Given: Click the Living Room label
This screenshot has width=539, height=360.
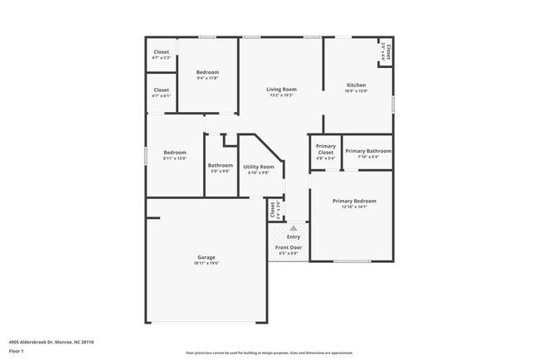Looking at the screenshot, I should (281, 90).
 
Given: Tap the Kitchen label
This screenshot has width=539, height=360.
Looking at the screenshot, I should (357, 85).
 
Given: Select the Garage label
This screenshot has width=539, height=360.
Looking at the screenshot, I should (206, 257).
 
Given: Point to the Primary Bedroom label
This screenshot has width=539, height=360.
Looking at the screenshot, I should (354, 202).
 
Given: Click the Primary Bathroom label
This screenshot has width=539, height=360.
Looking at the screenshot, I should (367, 151).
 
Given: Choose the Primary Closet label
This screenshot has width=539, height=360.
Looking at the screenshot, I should (326, 150).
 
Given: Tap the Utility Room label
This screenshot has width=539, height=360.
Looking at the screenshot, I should (258, 167).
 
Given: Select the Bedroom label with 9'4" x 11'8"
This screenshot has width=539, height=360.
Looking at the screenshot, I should (207, 73).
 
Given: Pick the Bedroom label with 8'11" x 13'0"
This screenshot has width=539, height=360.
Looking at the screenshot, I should (175, 153).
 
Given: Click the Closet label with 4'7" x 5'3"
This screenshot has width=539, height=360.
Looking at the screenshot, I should (162, 52).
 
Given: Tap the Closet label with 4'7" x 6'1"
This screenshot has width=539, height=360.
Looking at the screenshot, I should (162, 90).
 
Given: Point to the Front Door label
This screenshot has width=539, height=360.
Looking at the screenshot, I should (289, 248).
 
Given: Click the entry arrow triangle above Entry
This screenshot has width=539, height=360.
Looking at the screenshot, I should (292, 227).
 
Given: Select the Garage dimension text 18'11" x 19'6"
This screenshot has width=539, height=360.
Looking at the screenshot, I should (206, 263).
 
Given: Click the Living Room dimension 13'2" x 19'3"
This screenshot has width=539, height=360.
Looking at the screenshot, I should (281, 95).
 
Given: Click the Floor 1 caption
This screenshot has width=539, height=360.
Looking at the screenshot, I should (17, 351).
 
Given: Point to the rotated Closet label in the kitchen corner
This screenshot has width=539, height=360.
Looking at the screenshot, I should (384, 51).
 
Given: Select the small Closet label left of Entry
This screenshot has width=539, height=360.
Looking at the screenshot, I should (272, 210).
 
